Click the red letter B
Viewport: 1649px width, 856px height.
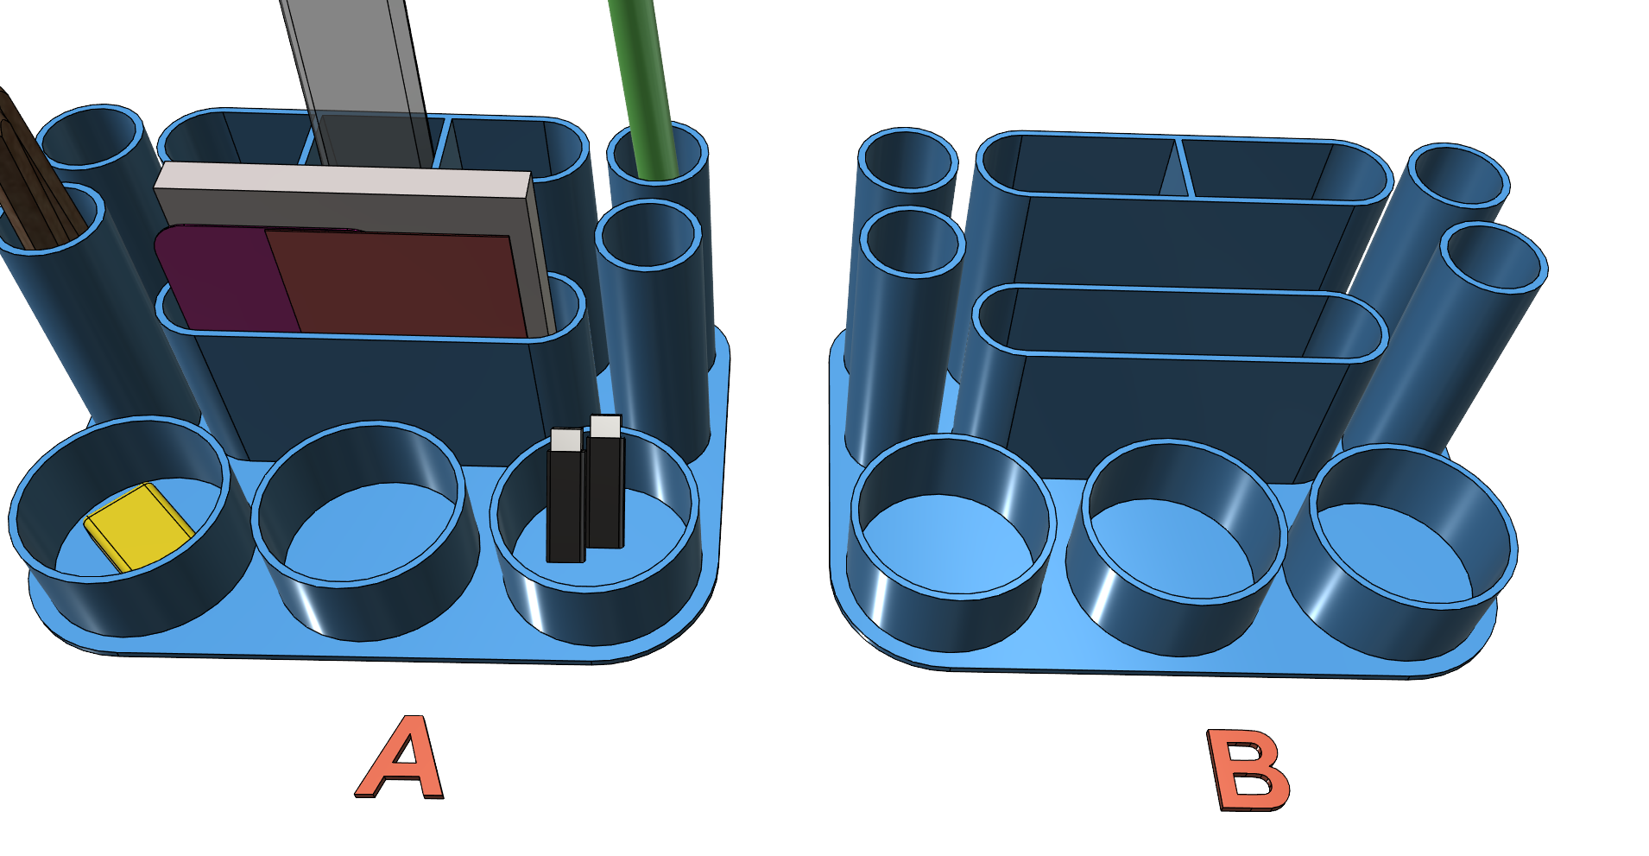pyautogui.click(x=1248, y=770)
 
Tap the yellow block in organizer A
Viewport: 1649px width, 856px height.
pyautogui.click(x=138, y=525)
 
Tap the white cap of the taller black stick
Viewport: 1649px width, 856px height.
pyautogui.click(x=606, y=427)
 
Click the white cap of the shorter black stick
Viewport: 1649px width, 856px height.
pyautogui.click(x=565, y=439)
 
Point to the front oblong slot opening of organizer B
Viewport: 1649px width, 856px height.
pyautogui.click(x=1179, y=320)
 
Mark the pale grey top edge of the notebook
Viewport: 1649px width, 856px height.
pyautogui.click(x=344, y=181)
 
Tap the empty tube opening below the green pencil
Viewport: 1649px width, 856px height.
pyautogui.click(x=648, y=234)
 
